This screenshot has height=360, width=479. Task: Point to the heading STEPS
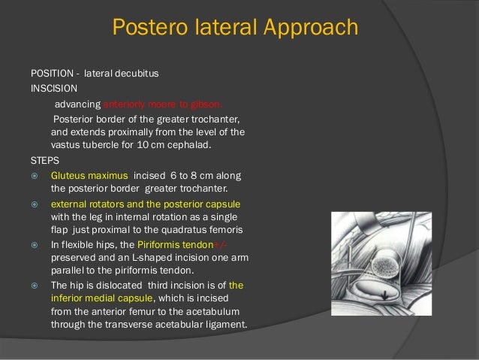tap(44, 159)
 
